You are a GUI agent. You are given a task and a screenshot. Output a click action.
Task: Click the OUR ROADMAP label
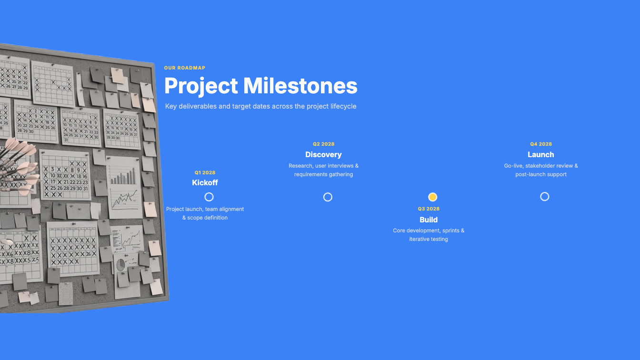tap(185, 68)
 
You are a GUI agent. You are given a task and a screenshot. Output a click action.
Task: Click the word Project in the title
tap(201, 86)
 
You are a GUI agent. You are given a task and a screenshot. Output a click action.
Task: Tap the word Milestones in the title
tap(300, 86)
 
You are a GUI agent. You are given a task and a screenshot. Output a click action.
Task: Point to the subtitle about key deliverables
tap(260, 106)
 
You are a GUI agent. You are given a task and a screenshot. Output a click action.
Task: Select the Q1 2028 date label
tap(205, 172)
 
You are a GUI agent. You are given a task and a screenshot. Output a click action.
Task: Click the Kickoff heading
tap(205, 182)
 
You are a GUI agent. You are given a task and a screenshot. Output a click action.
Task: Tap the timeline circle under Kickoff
tap(209, 197)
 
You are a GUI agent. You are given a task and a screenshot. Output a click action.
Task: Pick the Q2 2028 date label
tap(323, 144)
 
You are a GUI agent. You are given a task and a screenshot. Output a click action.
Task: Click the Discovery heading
tap(323, 155)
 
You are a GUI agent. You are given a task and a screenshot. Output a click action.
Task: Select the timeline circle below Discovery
tap(328, 197)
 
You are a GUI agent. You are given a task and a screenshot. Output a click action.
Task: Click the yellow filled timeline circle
tap(432, 197)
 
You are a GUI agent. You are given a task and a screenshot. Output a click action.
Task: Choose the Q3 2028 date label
tap(429, 209)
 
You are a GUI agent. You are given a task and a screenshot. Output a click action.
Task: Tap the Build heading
tap(429, 220)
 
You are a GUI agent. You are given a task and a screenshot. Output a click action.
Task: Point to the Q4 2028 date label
tap(541, 144)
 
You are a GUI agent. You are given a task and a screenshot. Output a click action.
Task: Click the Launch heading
tap(541, 155)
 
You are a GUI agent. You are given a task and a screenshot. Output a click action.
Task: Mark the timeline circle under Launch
tap(545, 197)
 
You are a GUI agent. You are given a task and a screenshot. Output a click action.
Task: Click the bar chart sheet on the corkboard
tap(124, 187)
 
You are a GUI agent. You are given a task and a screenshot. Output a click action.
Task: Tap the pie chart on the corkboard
tap(120, 265)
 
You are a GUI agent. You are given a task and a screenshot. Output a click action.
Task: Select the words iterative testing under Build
tap(429, 239)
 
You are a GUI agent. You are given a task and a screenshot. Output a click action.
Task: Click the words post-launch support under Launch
tap(541, 174)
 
